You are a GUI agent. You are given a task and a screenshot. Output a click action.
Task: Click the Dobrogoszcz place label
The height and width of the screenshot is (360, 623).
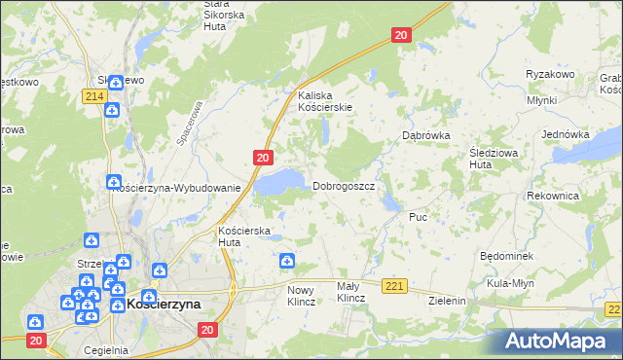tap(344, 186)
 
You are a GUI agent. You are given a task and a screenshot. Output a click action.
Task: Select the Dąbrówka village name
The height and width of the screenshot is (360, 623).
tap(425, 136)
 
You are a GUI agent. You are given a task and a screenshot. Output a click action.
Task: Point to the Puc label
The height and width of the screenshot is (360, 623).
tap(419, 216)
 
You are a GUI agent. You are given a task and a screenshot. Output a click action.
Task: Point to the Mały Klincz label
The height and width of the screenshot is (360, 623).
tap(349, 292)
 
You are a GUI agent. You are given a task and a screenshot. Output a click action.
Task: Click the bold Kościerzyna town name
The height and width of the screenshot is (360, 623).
tap(164, 304)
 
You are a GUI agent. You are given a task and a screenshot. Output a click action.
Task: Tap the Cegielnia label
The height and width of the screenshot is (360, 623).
tap(106, 350)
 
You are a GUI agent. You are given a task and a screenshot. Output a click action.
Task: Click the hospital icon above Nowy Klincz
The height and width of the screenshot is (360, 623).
tap(287, 261)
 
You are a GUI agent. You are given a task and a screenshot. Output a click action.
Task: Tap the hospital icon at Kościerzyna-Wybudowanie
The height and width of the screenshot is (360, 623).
tap(114, 182)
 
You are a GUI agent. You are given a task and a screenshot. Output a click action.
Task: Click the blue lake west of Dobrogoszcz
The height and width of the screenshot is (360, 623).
tap(279, 180)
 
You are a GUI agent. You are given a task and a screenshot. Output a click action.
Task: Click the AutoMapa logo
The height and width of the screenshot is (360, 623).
tap(557, 342)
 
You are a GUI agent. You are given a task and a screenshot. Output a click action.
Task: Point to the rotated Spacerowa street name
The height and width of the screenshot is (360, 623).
tap(190, 125)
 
